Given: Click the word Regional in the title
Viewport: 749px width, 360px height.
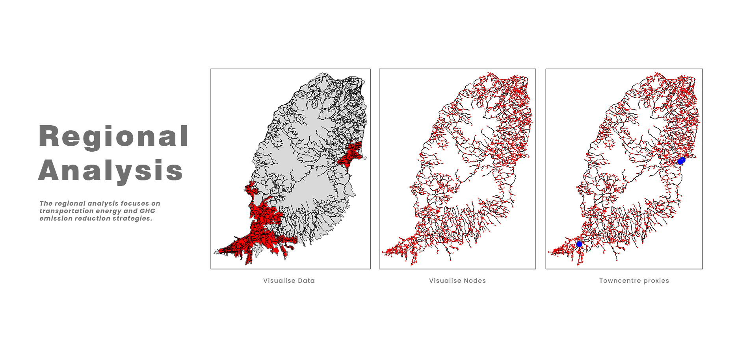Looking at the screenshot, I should tap(113, 136).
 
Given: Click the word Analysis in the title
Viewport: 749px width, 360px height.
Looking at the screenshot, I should tap(111, 171).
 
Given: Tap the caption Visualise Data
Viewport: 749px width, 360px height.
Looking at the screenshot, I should tap(289, 281).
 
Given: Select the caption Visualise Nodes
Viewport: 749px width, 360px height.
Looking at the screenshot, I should tap(457, 281).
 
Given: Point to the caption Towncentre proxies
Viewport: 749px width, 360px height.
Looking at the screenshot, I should tap(634, 281).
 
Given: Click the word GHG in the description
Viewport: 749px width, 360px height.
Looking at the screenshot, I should tap(147, 211).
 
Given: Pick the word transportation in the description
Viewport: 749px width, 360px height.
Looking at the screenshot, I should tap(66, 211).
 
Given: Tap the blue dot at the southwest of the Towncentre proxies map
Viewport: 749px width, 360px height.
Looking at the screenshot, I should tap(579, 244).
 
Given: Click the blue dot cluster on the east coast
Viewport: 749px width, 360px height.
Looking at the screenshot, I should tap(681, 161).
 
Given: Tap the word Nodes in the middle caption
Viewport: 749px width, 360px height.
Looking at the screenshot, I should tap(475, 281).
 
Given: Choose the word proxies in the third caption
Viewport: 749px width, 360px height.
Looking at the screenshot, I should tap(656, 281).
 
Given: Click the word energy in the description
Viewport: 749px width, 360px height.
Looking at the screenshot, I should tap(109, 211).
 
